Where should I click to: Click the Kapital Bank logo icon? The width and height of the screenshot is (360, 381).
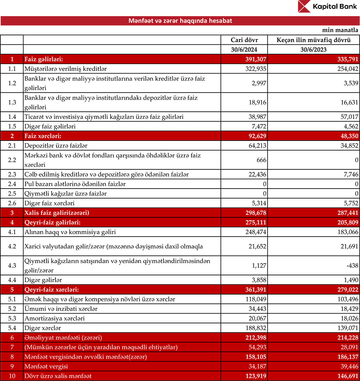click(304, 7)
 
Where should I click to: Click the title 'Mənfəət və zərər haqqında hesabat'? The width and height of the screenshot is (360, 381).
click(180, 21)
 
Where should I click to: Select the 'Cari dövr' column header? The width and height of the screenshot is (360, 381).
click(244, 40)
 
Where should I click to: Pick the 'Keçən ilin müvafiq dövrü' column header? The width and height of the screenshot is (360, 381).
click(313, 40)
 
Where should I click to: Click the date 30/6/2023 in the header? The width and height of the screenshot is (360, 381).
click(313, 50)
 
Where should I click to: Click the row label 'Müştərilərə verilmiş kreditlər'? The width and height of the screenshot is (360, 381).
click(65, 68)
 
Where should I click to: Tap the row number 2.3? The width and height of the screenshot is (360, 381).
click(12, 174)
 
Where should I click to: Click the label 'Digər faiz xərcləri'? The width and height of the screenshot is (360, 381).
click(49, 203)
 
